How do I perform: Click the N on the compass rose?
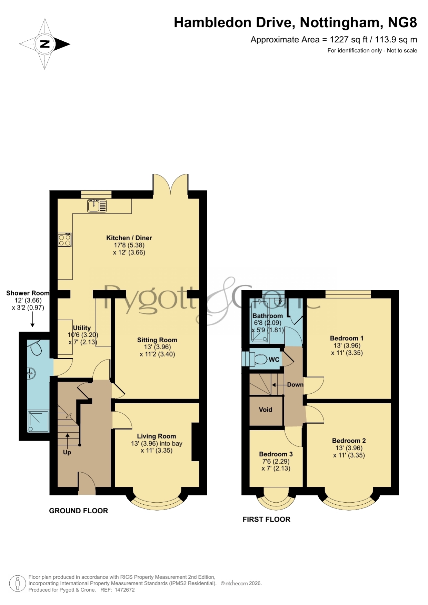(45, 44)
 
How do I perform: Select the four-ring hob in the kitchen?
(65, 240)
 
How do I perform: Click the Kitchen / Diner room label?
(129, 238)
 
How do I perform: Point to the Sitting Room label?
(157, 340)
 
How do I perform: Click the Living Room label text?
(157, 436)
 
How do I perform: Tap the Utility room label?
(82, 328)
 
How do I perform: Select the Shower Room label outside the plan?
(28, 293)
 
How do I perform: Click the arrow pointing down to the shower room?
(32, 320)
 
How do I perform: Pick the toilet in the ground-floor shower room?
(36, 348)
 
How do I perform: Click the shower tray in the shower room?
(38, 421)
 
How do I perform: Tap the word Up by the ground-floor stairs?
(67, 452)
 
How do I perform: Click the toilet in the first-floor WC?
(260, 360)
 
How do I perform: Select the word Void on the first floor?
(266, 410)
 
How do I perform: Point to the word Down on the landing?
(295, 384)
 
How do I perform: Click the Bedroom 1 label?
(347, 338)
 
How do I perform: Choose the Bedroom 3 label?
(276, 454)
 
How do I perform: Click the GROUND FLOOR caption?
(79, 511)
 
